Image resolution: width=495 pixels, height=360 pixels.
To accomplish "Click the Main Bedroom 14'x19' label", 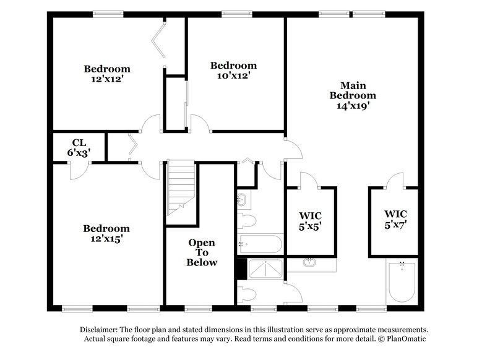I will (353, 95).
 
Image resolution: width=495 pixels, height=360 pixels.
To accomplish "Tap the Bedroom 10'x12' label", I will (233, 71).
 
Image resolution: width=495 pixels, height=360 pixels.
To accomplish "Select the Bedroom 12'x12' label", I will (107, 74).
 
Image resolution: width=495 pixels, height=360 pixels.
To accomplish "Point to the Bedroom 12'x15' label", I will (107, 233).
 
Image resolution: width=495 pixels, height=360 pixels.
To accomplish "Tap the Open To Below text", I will (202, 252).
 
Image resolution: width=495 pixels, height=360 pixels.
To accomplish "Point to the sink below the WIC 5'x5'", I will (311, 264).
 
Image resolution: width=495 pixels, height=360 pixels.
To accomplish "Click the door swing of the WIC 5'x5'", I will (308, 180).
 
